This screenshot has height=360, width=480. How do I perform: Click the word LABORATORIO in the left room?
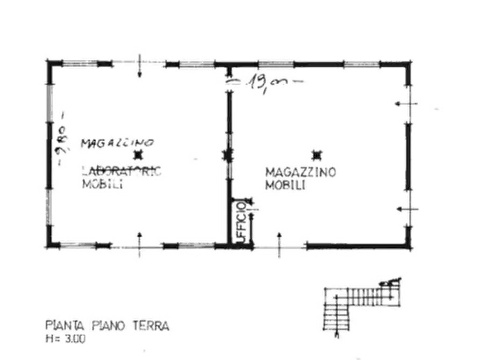(123, 172)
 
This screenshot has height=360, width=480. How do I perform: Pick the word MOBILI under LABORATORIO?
(104, 184)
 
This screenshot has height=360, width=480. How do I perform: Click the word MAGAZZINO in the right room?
(300, 172)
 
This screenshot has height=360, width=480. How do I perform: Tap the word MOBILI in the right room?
(286, 185)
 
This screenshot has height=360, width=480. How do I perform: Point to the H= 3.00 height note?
(65, 339)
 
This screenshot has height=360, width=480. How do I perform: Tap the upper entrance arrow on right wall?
(404, 104)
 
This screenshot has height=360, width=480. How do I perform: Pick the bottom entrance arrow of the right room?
(279, 244)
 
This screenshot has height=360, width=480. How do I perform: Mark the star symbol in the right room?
(317, 156)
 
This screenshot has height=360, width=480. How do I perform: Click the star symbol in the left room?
(139, 156)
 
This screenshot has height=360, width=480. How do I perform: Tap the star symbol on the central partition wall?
(227, 156)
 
